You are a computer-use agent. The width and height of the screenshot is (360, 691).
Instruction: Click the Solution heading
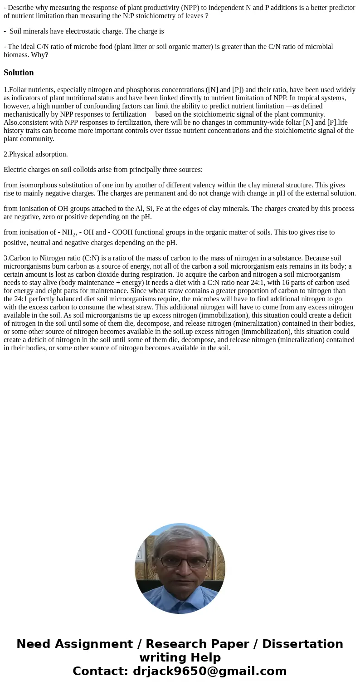(19, 73)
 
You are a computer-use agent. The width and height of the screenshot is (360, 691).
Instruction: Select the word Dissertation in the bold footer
(302, 644)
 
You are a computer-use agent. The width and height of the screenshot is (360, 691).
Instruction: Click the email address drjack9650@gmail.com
(209, 671)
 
